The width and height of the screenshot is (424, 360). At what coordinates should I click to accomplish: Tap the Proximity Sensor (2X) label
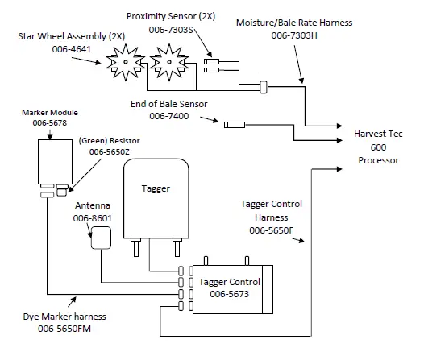(171, 15)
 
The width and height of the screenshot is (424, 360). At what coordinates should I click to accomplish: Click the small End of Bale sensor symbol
(235, 125)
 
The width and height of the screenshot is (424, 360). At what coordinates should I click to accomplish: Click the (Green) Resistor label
(109, 139)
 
